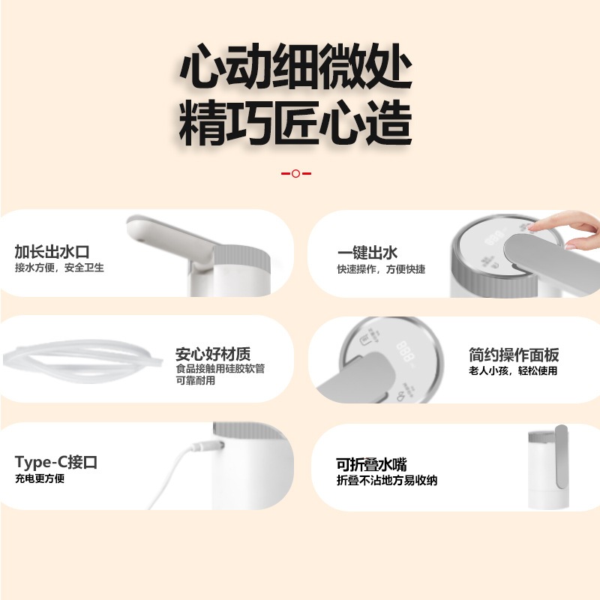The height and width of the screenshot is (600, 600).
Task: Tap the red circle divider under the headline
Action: (295, 173)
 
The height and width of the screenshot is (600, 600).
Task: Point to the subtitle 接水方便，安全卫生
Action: (59, 268)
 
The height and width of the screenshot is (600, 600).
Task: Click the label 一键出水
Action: (367, 253)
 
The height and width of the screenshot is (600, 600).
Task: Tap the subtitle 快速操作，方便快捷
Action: (381, 269)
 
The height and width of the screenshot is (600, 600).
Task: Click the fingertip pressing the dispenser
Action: (533, 226)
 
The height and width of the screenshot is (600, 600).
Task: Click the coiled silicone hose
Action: (82, 356)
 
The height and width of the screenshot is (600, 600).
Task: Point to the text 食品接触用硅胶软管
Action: (220, 369)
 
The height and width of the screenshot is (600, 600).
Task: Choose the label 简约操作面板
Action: (514, 355)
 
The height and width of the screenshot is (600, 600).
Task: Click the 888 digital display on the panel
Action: (406, 349)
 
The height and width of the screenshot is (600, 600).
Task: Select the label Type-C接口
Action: (56, 462)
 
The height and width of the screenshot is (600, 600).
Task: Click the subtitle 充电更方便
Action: (40, 478)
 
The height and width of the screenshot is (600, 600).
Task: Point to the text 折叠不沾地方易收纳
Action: (387, 481)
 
